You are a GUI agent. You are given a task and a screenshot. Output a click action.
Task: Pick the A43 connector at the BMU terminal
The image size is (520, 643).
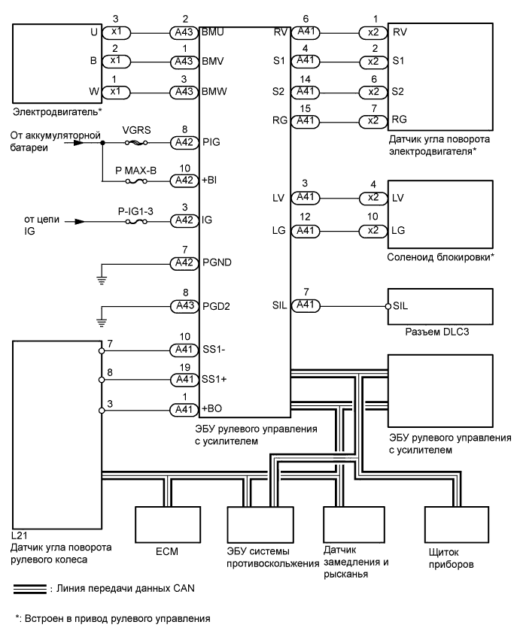(x=184, y=34)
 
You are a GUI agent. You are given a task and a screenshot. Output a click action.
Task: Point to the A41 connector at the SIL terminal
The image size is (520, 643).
(x=306, y=305)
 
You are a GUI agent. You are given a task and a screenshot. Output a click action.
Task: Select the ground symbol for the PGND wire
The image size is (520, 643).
(x=102, y=280)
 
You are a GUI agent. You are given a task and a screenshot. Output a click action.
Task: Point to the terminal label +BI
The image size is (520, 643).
(x=211, y=181)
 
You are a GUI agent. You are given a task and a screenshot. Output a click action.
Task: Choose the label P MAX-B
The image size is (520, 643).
(x=135, y=170)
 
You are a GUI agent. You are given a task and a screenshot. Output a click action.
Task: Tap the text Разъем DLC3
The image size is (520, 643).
(x=436, y=333)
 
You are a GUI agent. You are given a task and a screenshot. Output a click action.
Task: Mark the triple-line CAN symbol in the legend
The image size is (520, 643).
(x=29, y=588)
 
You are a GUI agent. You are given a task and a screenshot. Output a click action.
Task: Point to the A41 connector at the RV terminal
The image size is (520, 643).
(x=306, y=34)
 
